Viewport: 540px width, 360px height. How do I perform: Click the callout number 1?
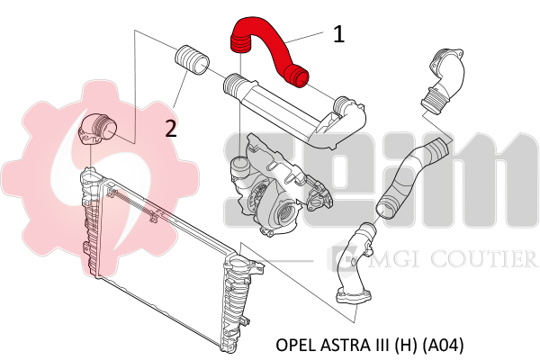pos(339,35)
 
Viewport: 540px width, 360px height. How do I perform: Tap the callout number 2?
pos(171,129)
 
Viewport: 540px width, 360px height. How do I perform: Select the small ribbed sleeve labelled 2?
pos(193,59)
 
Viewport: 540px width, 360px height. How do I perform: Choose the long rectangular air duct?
pos(294,110)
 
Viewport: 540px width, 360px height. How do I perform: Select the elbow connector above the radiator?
pos(98,128)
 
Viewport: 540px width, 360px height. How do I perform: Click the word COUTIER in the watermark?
pos(483,259)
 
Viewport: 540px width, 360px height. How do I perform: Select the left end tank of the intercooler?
pos(90,220)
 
